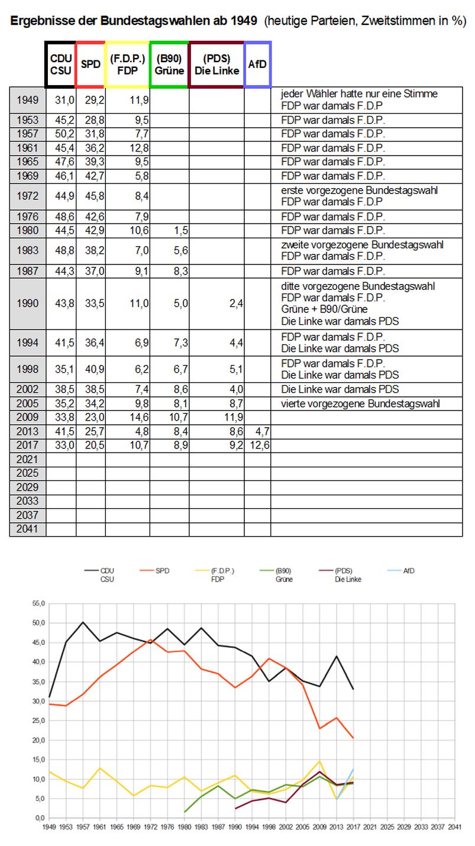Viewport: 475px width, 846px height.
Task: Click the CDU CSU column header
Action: click(x=60, y=64)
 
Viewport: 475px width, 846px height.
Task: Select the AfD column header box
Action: click(x=257, y=64)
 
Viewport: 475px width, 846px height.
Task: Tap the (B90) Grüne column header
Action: click(x=169, y=64)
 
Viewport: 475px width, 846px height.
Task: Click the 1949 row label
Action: click(x=28, y=100)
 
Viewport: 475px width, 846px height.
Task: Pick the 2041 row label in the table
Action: click(x=28, y=529)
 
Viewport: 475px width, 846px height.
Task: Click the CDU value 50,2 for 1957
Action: click(x=64, y=134)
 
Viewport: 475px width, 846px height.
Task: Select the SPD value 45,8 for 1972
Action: click(x=95, y=196)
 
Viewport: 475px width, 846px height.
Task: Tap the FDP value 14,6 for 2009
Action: click(x=140, y=417)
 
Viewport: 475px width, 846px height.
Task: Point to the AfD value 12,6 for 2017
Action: click(x=260, y=445)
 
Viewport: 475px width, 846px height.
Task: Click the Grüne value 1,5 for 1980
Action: click(x=181, y=230)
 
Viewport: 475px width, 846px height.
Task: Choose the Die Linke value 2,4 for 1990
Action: click(x=236, y=303)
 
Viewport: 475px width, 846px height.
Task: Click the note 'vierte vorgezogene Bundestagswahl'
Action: click(x=360, y=403)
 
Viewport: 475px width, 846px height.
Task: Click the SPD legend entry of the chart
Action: click(x=154, y=571)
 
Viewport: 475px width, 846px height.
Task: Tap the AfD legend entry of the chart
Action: click(x=401, y=571)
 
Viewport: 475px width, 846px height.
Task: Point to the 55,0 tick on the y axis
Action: click(x=38, y=603)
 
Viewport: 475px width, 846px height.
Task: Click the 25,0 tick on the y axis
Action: click(x=38, y=721)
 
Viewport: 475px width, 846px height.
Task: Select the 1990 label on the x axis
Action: click(x=235, y=826)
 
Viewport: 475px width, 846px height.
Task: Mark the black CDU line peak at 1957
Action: click(x=83, y=622)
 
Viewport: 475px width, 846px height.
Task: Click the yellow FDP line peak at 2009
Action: click(x=319, y=761)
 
